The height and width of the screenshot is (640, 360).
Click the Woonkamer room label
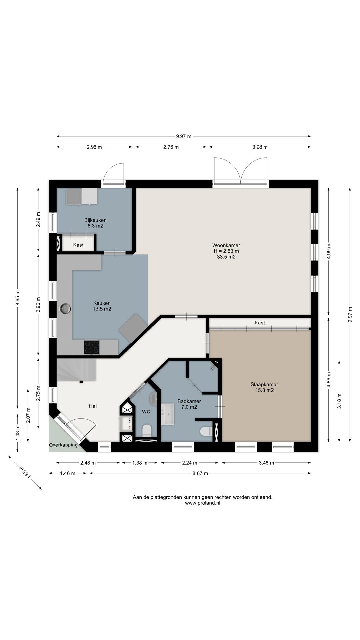[226, 245]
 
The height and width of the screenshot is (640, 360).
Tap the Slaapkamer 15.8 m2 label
[264, 387]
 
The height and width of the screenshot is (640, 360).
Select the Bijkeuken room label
[95, 220]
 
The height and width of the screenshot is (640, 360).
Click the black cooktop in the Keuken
[92, 347]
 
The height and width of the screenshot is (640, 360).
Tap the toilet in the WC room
[147, 431]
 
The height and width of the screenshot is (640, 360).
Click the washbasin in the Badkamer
[168, 414]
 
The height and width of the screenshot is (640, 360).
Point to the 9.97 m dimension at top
[184, 136]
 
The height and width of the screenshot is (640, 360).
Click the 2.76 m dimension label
[171, 147]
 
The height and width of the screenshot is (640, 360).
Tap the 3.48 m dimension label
[266, 463]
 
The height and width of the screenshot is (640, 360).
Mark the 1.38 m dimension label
[139, 463]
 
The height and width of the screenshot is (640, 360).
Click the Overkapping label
[63, 445]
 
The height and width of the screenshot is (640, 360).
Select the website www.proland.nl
[203, 503]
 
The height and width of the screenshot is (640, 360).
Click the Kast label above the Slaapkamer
[260, 323]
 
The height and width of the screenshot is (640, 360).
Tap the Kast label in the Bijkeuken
[78, 245]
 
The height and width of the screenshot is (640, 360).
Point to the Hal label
[93, 406]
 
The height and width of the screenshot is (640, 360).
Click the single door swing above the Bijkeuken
[113, 173]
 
